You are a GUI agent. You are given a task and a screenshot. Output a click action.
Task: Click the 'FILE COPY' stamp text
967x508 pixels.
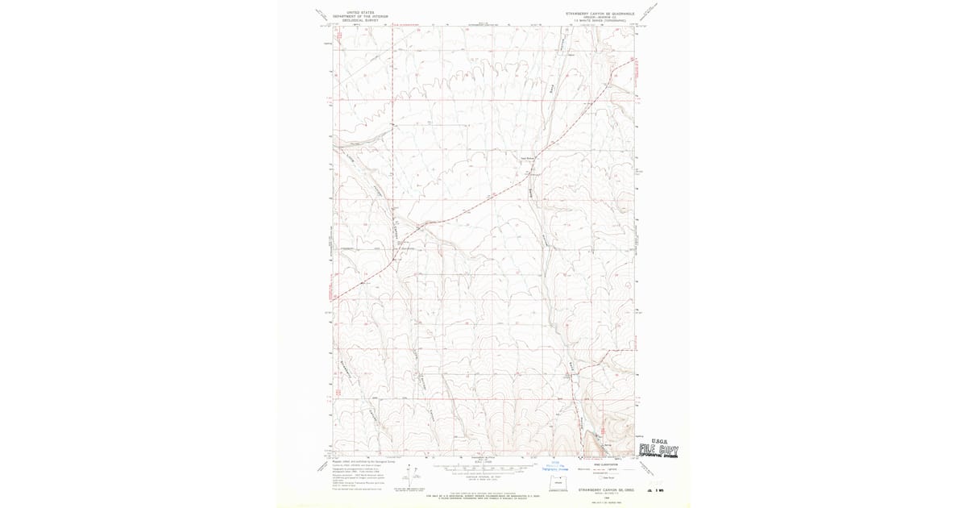658,450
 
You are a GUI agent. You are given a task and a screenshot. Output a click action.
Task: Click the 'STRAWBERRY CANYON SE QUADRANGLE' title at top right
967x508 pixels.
600,13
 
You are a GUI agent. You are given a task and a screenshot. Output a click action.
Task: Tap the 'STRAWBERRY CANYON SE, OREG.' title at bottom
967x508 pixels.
603,489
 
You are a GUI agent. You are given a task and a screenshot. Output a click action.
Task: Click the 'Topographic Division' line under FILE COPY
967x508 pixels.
658,456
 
